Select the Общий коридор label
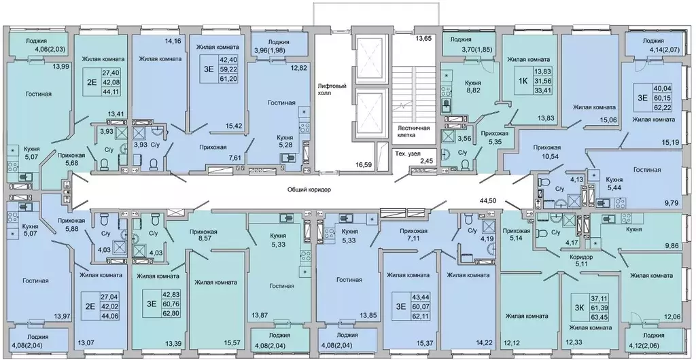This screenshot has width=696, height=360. (309, 190)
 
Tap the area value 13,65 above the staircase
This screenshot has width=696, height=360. (423, 38)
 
